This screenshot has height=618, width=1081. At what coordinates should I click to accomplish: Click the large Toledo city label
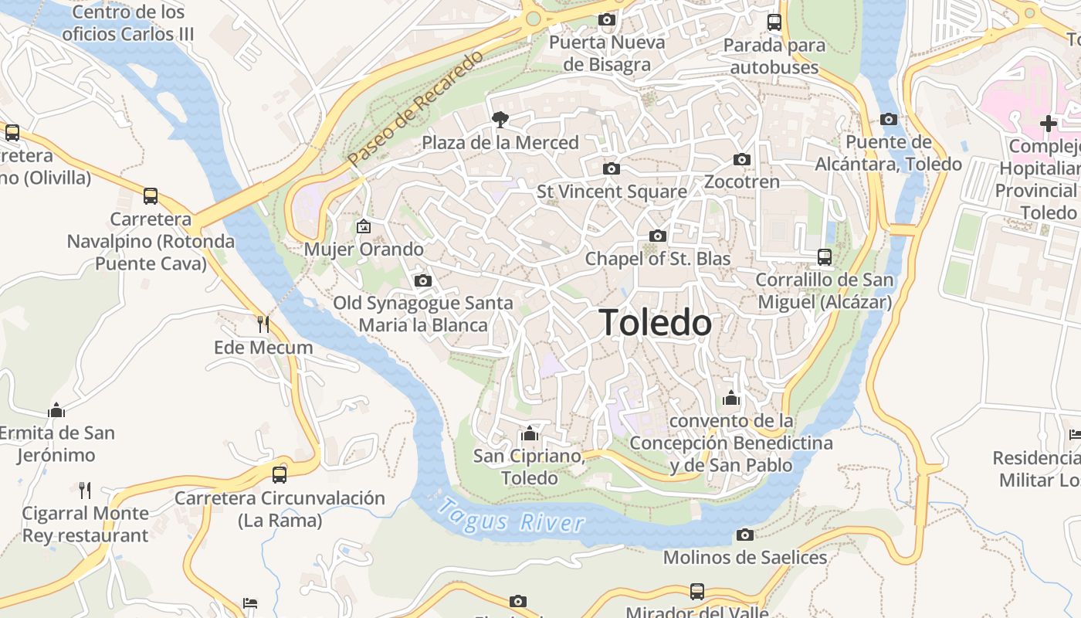656,322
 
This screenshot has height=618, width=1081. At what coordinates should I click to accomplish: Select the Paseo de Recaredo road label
415,107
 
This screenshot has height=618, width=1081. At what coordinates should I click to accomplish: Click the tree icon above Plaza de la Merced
500,119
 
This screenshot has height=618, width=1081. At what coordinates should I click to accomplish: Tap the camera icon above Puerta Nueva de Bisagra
607,19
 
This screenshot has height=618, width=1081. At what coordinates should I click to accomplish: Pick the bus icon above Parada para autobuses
774,22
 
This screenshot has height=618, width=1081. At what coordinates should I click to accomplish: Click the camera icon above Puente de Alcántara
889,119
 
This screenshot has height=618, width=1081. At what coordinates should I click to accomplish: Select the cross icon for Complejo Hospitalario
1048,123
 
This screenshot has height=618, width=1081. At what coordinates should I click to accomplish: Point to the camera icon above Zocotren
742,160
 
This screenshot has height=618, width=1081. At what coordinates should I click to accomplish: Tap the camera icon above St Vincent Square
612,168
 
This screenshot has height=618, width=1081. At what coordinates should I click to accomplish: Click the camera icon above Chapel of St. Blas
658,236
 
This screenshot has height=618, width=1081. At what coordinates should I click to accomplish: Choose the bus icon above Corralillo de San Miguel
825,257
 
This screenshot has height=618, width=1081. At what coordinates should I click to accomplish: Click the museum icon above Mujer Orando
364,226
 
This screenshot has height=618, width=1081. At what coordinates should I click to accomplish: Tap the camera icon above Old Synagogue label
422,280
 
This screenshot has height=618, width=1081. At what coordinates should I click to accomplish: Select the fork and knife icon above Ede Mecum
263,324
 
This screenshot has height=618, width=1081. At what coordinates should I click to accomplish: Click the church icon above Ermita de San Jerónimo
56,409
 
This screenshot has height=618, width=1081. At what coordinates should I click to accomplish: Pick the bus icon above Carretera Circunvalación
280,474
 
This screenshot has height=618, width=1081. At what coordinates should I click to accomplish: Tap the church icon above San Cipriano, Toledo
529,433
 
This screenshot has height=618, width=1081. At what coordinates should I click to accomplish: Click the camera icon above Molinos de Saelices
745,535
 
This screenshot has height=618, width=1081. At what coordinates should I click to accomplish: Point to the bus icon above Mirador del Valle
697,592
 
